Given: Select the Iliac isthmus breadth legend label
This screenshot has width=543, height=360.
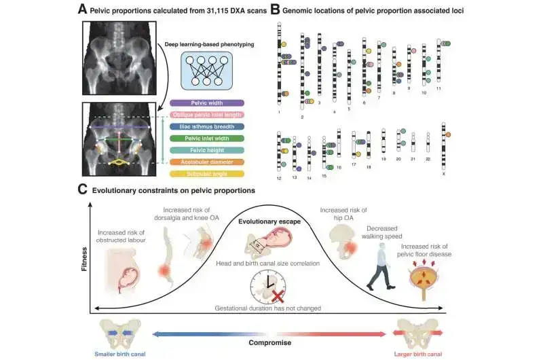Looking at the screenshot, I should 208,126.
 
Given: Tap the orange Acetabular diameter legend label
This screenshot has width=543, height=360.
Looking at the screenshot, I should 208,162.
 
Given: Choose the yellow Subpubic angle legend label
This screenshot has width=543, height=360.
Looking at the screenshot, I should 208,175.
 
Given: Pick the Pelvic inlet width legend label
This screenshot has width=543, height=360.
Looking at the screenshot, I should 208,139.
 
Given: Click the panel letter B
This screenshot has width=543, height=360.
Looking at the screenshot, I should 275,10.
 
